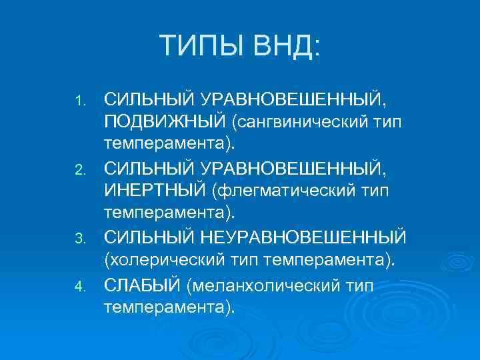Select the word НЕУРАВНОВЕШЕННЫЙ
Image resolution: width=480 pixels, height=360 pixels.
click(303, 237)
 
